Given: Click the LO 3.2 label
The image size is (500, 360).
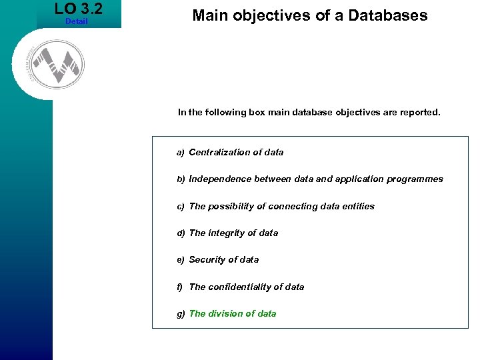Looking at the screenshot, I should point(79,9).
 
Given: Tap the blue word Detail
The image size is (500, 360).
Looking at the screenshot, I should point(77,22).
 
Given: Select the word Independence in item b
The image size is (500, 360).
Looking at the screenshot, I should point(221,179).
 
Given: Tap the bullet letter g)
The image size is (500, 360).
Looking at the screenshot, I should point(181,314).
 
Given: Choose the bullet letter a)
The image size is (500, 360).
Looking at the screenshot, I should point(181,153).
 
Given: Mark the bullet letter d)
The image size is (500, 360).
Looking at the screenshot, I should point(181,233).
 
